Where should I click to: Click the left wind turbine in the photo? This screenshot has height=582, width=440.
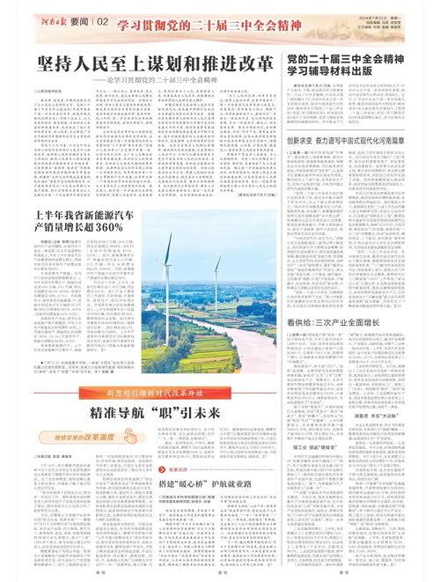coord(167,255)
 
